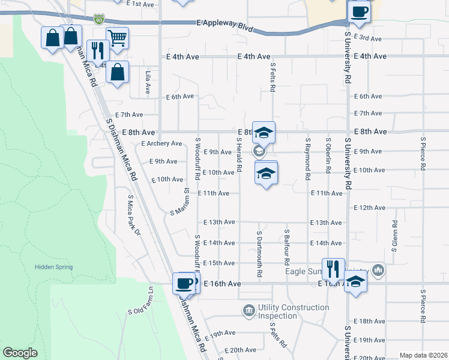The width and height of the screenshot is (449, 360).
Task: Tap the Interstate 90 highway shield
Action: coord(98,20)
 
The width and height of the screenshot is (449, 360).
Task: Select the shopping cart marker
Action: coord(117,38)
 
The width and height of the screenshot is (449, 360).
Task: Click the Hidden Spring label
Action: coord(53,267)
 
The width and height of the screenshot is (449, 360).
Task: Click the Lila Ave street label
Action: coord(148,82)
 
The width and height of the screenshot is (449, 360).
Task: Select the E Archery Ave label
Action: coord(161,143)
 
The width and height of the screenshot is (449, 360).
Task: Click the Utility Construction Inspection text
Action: coord(294,311)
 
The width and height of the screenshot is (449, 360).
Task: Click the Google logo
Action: coord(20,353)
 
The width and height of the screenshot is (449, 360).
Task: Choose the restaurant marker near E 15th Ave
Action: coord(333,268)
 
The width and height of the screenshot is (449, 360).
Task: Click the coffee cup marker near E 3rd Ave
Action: coord(359,11)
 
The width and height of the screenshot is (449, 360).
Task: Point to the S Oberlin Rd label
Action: coord(328,155)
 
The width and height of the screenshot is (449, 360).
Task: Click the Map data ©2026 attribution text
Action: coord(423,355)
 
